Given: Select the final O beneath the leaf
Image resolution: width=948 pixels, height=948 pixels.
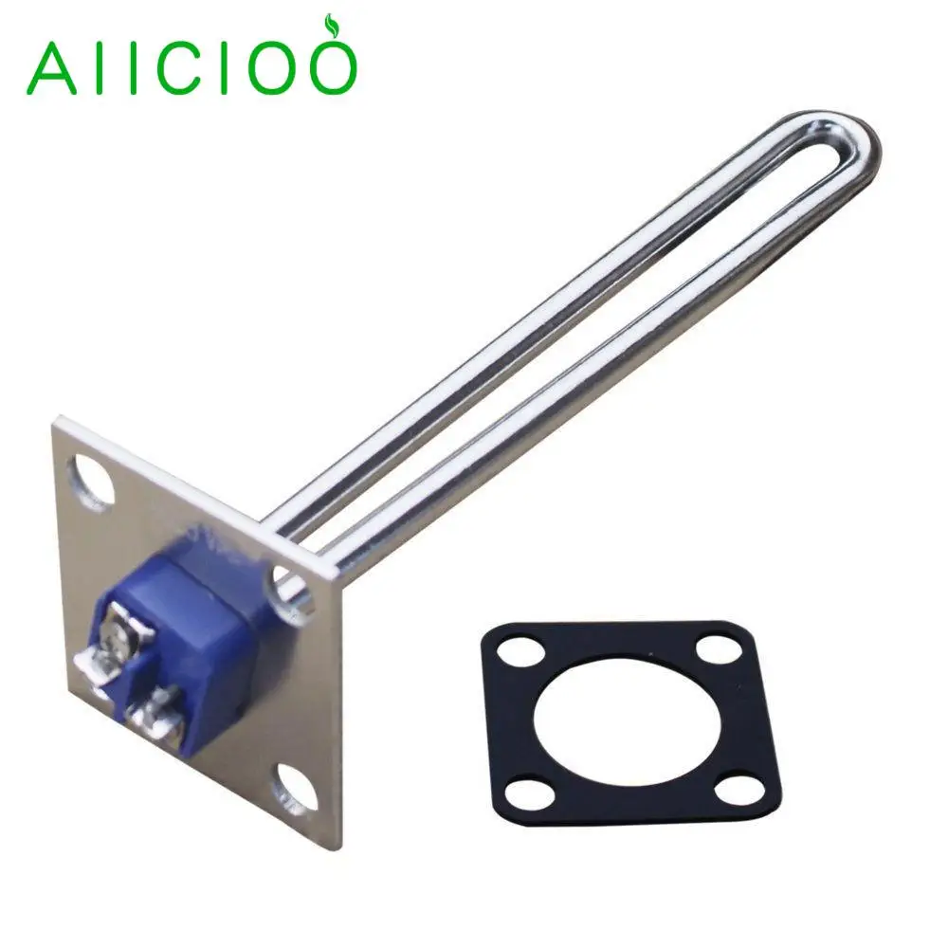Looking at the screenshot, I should pos(328,66).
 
